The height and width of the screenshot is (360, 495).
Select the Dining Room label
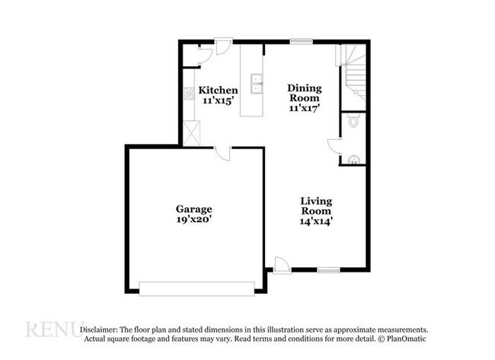point(303,93)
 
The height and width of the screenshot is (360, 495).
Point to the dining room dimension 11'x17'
point(303,108)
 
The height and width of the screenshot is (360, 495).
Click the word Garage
point(194,209)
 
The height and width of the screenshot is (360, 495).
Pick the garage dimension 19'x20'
point(194,219)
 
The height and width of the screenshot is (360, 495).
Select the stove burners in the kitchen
point(187,95)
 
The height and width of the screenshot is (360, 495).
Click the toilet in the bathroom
point(353,121)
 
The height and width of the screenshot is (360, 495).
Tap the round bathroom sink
point(353,160)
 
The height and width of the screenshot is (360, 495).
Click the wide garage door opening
point(196,288)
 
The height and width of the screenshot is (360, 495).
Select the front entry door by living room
point(281,265)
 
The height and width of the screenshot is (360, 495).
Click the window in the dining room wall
point(302,40)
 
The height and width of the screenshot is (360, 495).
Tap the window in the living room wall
point(328,269)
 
